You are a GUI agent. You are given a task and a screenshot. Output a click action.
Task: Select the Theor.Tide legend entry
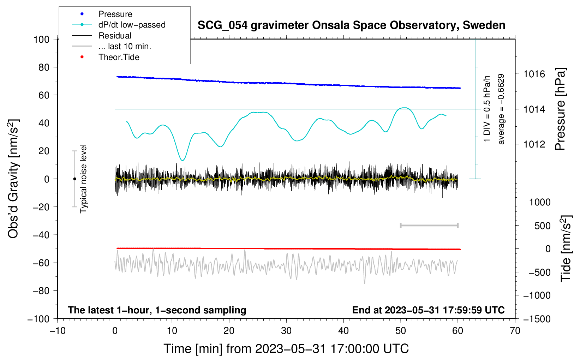[x=119, y=57]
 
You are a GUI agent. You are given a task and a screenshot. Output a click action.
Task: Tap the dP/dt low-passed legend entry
[x=132, y=25]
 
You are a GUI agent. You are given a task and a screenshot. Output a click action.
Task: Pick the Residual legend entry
[x=115, y=36]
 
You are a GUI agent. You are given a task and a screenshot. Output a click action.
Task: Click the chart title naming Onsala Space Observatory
[x=351, y=25]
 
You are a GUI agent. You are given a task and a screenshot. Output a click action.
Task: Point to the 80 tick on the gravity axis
[x=44, y=67]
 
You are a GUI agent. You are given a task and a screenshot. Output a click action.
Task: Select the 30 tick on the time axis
[x=286, y=331]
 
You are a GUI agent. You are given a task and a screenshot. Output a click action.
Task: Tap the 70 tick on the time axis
[x=515, y=331]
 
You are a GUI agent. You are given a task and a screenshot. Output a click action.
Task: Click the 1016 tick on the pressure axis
[x=534, y=74]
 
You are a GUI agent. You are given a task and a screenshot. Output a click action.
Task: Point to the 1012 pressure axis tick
[x=534, y=144]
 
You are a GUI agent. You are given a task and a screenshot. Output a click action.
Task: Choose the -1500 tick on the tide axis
[x=537, y=319]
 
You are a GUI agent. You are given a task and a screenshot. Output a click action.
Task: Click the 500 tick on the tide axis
[x=542, y=226]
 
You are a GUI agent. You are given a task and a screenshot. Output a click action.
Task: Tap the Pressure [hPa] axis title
[x=560, y=109]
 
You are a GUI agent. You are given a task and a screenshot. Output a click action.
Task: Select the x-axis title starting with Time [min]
[x=286, y=349]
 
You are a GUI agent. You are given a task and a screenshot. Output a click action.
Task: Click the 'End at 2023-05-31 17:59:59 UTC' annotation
[x=428, y=310]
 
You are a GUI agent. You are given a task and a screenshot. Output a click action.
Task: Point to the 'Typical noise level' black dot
[x=74, y=179]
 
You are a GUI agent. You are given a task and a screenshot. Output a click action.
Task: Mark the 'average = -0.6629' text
[x=501, y=109]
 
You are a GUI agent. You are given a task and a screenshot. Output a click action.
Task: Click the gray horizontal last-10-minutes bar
[x=429, y=226]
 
